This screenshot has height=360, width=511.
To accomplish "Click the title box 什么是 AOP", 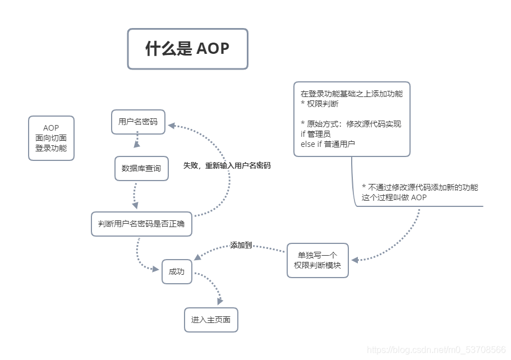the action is point(187,49).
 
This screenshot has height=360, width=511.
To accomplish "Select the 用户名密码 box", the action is point(138,122).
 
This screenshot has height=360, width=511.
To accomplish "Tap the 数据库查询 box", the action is point(141,168).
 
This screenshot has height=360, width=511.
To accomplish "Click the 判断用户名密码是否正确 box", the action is point(141,224).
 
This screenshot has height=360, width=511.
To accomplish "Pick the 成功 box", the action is point(177,271).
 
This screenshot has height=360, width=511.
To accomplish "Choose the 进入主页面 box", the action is point(211,320).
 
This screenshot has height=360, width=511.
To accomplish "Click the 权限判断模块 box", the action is point(317,260).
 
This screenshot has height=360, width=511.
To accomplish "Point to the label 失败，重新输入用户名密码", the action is point(227,166).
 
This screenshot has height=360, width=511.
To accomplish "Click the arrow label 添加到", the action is point(241,246).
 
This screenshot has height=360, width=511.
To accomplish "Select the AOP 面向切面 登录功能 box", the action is point(51,138).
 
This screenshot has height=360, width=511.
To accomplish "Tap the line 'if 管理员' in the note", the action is point(316,134).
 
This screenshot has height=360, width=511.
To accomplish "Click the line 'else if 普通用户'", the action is point(328,144).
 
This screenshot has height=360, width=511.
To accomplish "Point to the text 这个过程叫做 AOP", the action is point(394,197).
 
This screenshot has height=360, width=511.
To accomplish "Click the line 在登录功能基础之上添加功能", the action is point(352,94).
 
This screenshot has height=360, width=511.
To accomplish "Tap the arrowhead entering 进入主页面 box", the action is point(218,301).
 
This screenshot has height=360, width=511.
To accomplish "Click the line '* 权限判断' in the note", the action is point(320,104).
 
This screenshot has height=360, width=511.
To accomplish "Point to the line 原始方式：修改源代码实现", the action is point(351,124).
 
